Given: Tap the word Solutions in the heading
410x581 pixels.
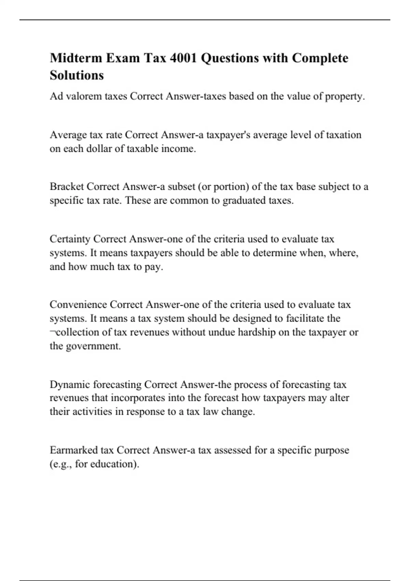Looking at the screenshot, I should point(77,75).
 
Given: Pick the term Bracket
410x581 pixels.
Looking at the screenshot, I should point(67,187).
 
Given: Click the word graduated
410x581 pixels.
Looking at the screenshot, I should point(245,201).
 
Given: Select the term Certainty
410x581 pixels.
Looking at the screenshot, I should point(70,239).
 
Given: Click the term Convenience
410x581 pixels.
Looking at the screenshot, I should point(78,305).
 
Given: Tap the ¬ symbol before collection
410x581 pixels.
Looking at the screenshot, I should point(52,333).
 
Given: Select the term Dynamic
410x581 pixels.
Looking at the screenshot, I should point(70,385).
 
